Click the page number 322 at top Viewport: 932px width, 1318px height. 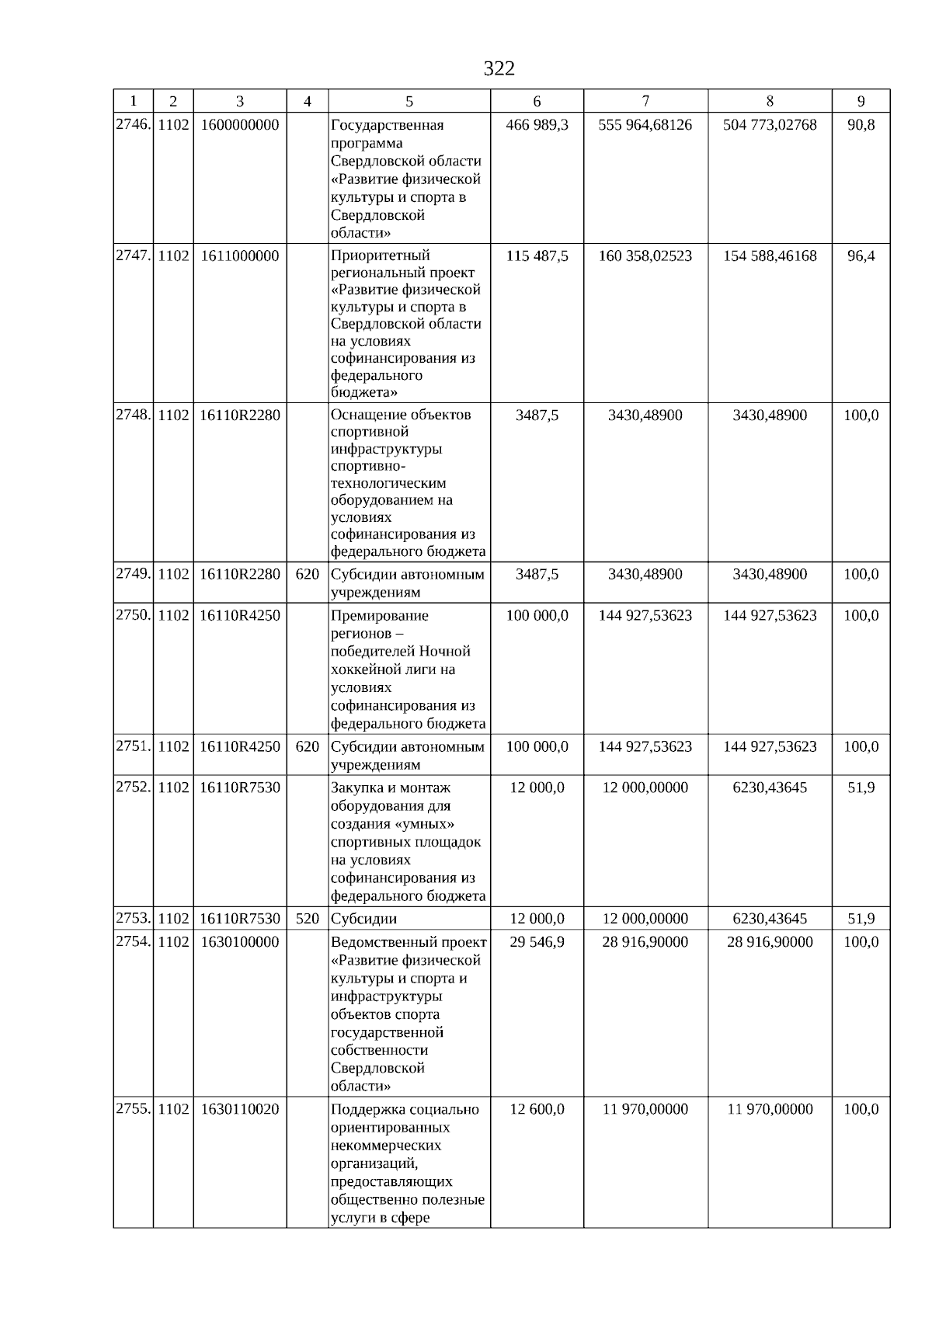(499, 69)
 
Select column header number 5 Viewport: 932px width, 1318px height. (409, 102)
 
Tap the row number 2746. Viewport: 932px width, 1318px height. (132, 124)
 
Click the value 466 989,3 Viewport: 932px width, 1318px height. (537, 125)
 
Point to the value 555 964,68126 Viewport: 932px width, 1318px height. (645, 125)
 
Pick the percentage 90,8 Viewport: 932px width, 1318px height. (861, 125)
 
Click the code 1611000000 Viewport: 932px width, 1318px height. (239, 256)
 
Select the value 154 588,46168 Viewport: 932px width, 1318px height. (770, 256)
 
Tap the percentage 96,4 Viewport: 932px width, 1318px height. (861, 256)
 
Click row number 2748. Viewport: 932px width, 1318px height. (132, 415)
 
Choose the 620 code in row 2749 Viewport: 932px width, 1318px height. (308, 575)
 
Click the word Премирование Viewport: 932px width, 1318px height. (380, 616)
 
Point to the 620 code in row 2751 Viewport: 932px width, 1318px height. (308, 747)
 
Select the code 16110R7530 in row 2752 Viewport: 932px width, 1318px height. (239, 788)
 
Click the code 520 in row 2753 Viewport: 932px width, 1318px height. (308, 919)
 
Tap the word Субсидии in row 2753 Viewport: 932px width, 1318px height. (363, 919)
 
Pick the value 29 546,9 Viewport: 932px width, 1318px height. (537, 942)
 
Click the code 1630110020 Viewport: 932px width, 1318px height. (239, 1109)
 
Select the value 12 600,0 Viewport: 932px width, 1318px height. (537, 1109)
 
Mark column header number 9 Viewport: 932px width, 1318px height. (861, 102)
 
